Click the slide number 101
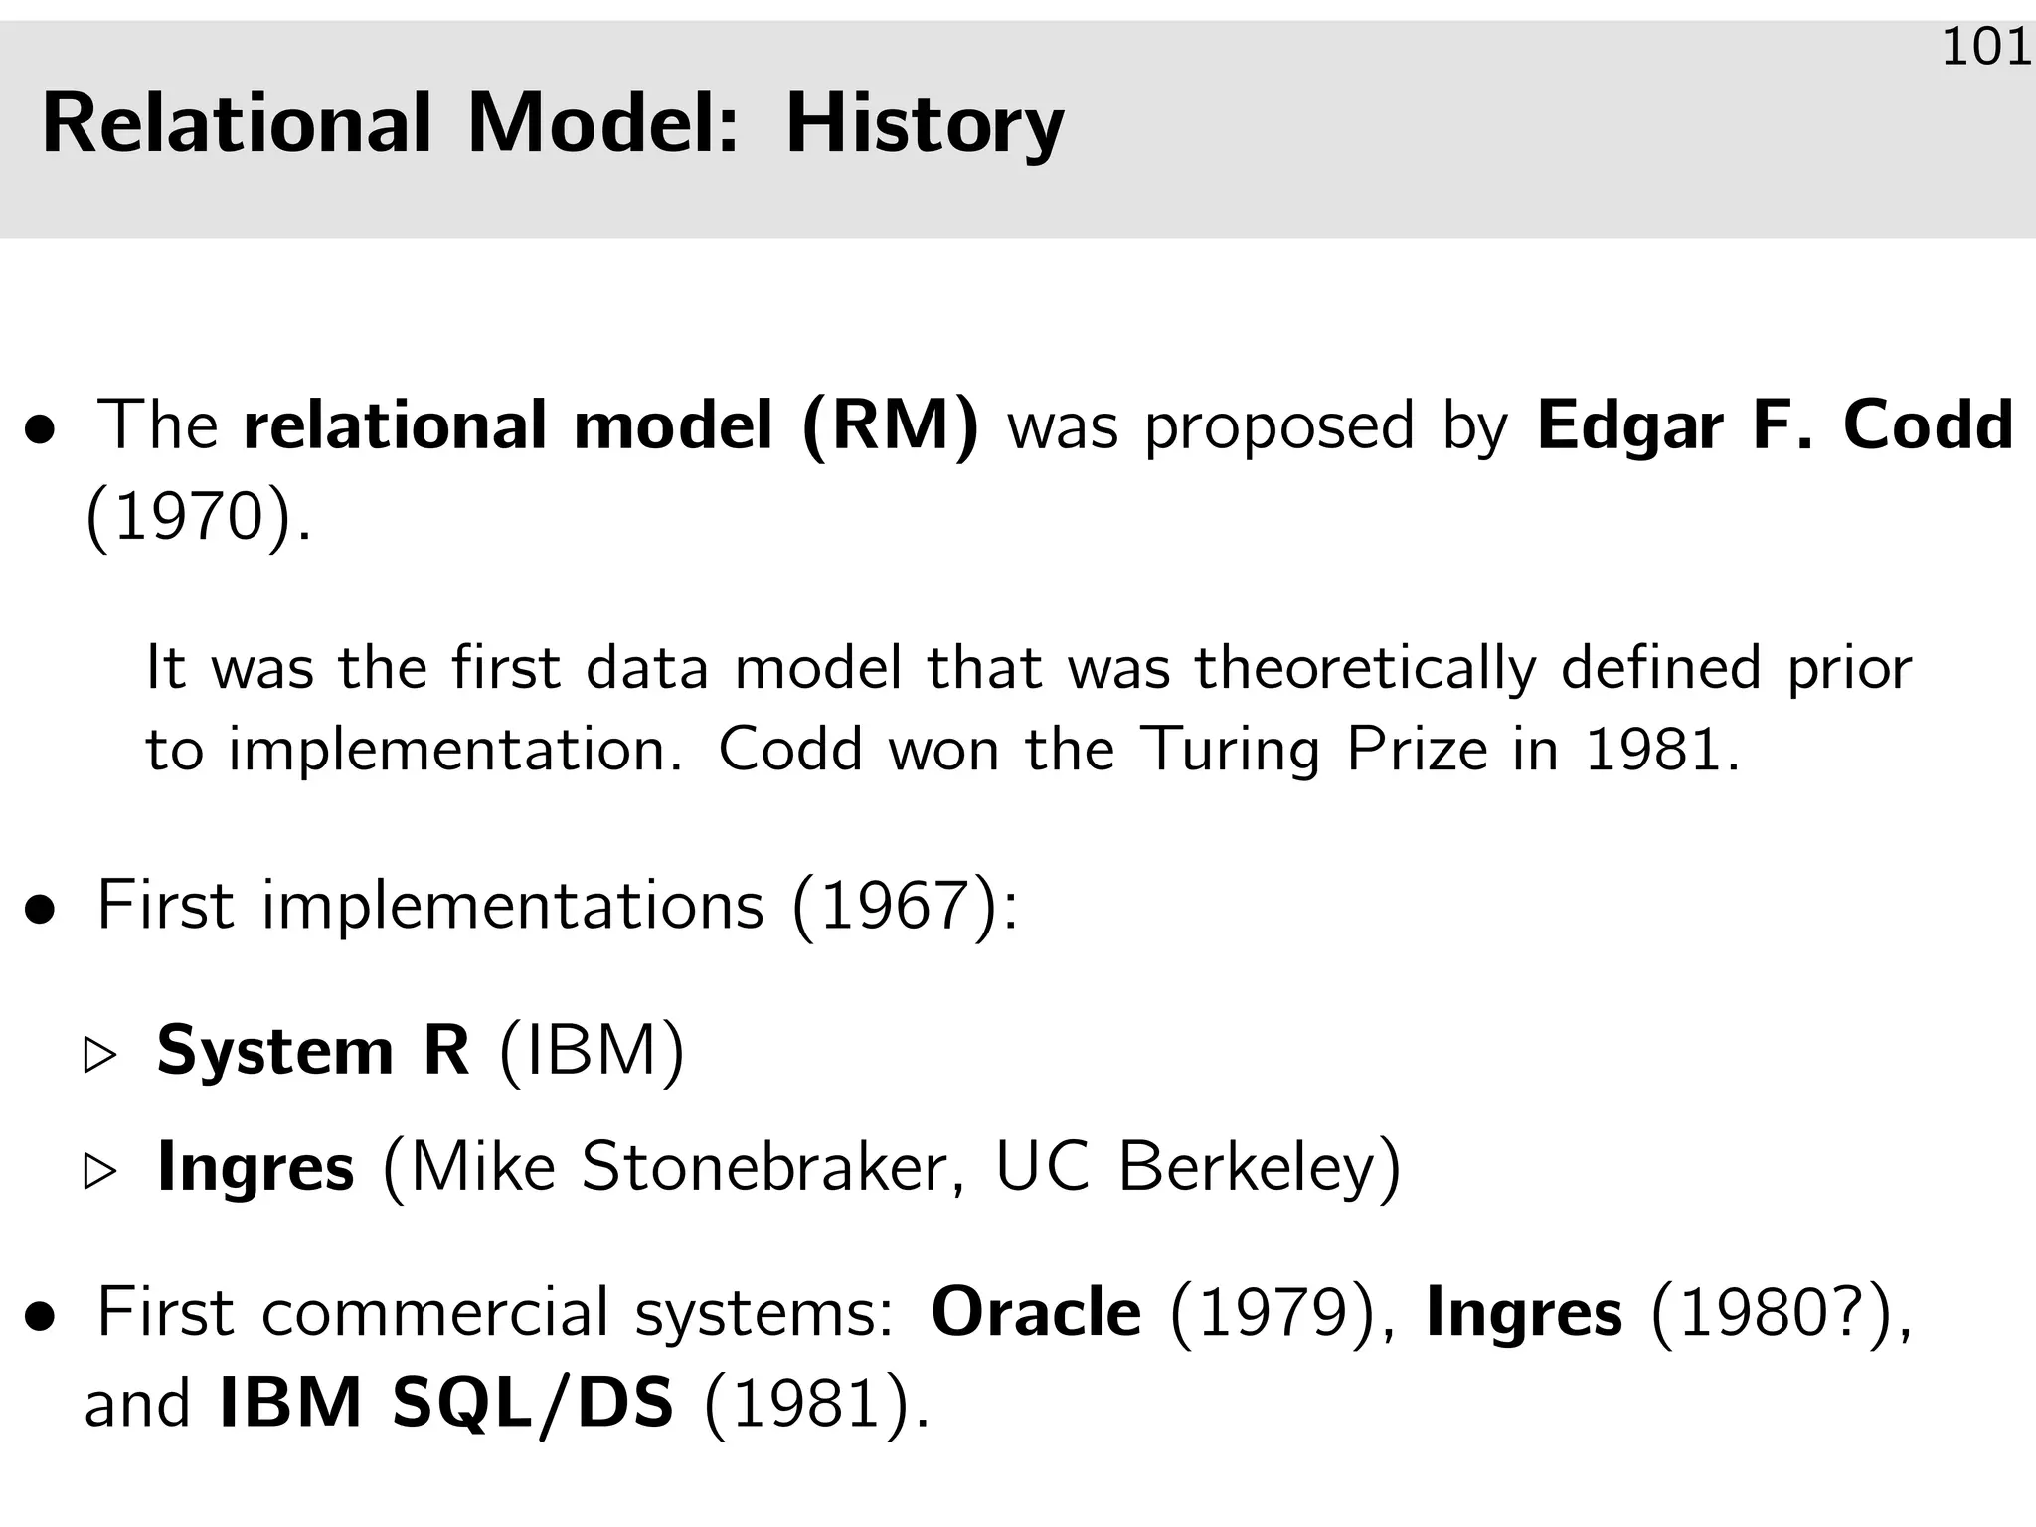coord(1985,48)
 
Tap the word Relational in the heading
coord(237,124)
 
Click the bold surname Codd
coord(1928,425)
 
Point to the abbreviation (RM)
coord(891,426)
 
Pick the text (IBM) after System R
coord(592,1051)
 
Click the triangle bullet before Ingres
coord(100,1172)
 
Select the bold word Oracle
coord(1036,1313)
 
